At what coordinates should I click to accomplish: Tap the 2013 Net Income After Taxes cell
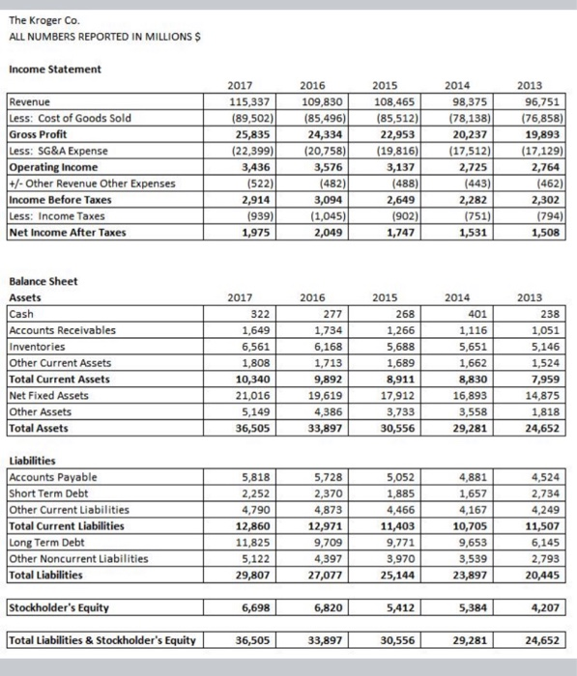click(541, 232)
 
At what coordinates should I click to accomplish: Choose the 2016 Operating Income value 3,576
click(323, 167)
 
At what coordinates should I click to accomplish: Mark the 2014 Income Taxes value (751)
click(468, 215)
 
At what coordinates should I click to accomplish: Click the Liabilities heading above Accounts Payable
click(34, 461)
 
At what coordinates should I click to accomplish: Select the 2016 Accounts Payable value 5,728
click(323, 476)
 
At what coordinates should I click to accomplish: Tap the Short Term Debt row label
click(45, 493)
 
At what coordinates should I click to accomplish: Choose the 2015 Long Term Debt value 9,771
click(396, 542)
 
